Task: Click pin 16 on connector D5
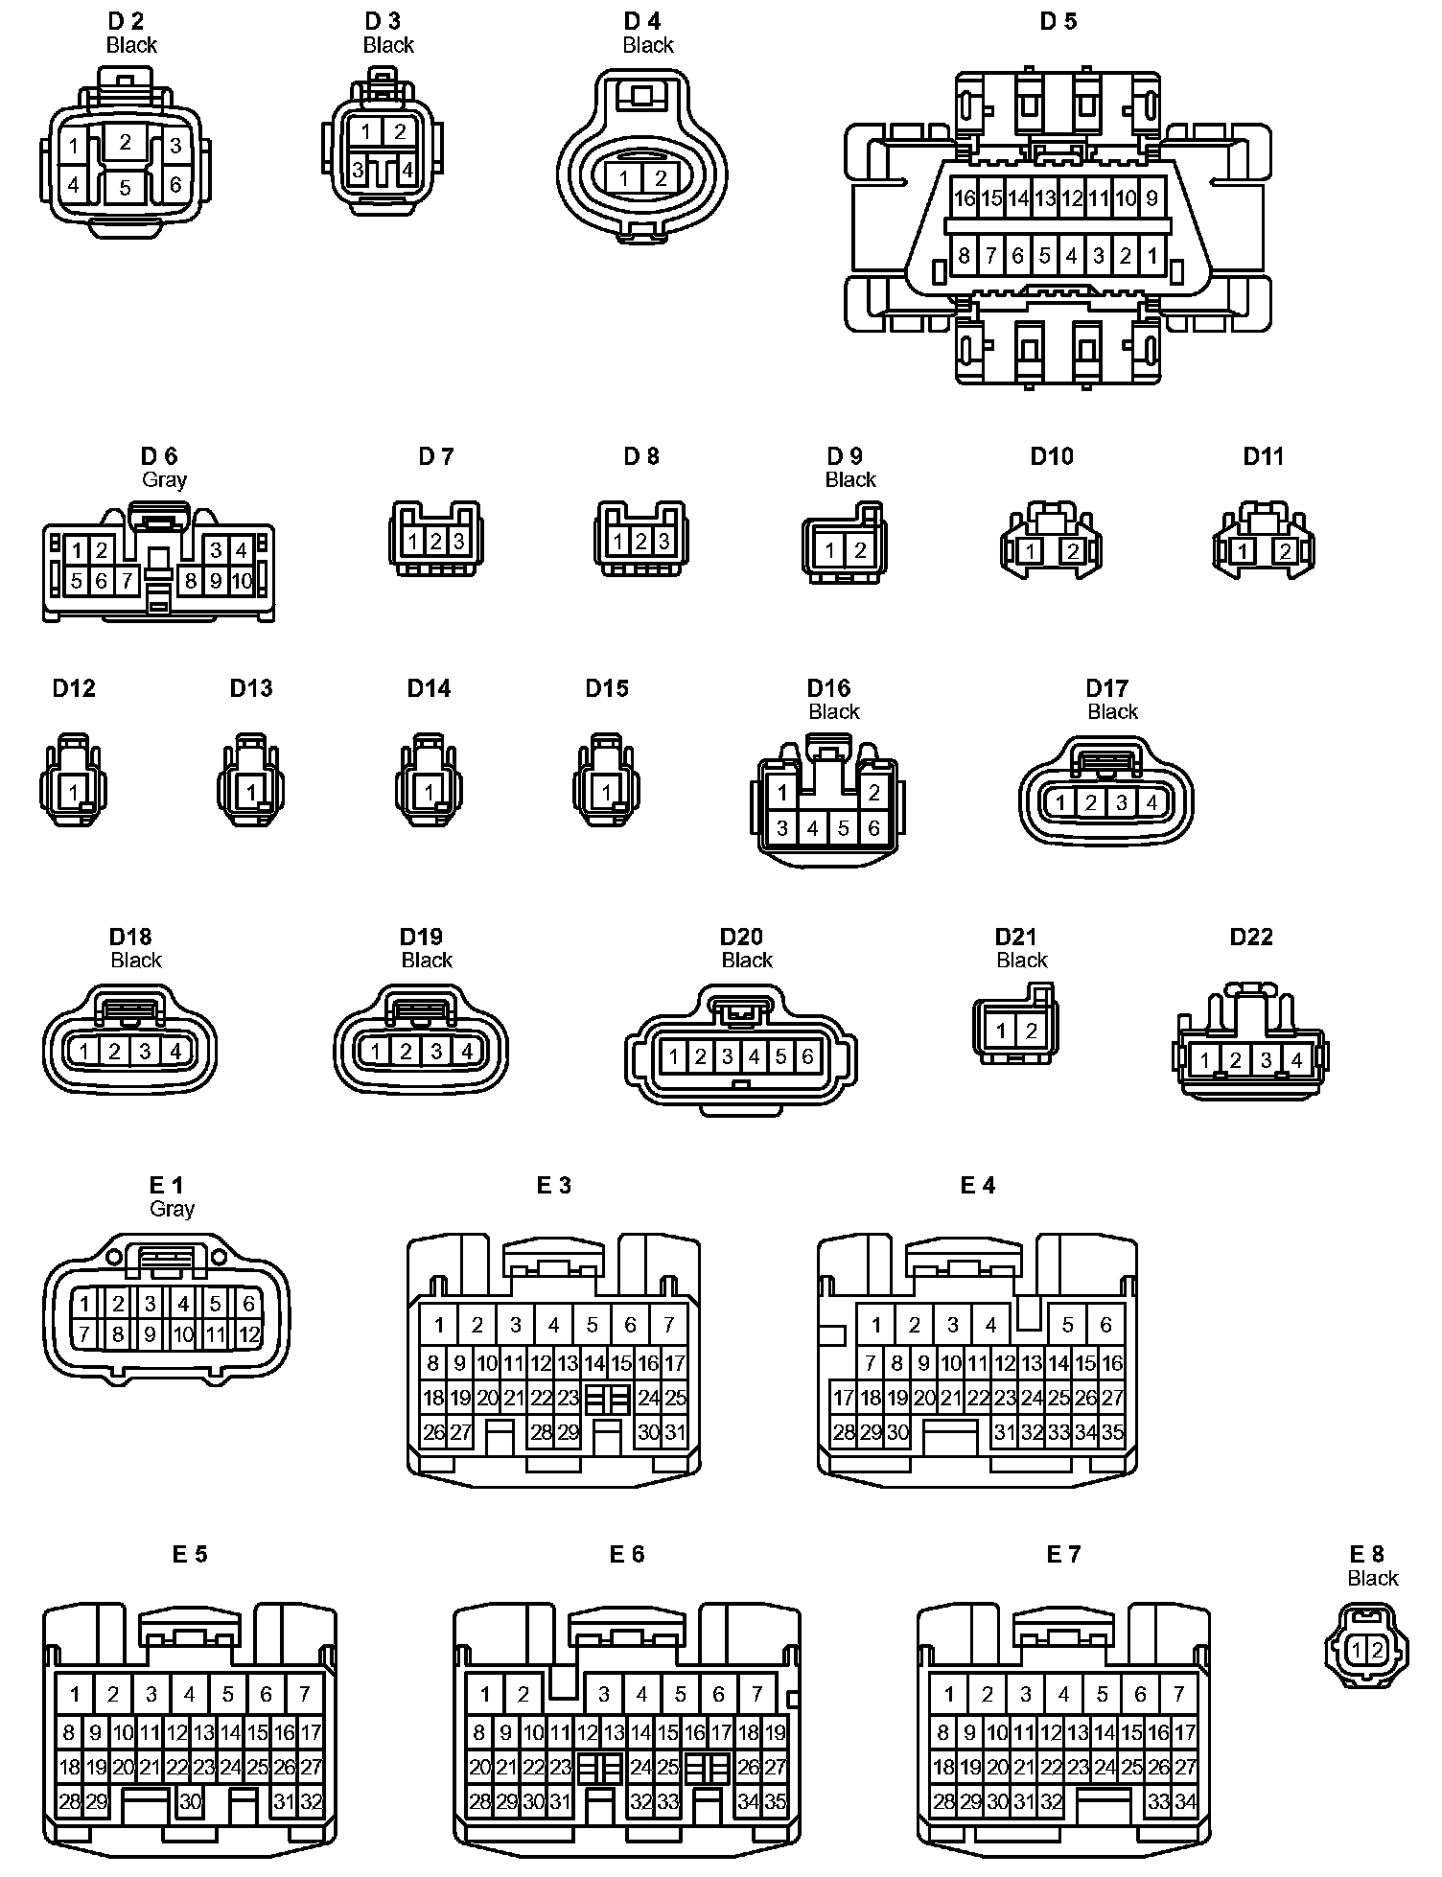pyautogui.click(x=964, y=198)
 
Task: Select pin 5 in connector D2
pyautogui.click(x=125, y=188)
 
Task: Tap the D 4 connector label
pyautogui.click(x=642, y=21)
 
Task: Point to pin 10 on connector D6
pyautogui.click(x=241, y=581)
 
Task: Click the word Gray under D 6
pyautogui.click(x=164, y=479)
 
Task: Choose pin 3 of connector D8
pyautogui.click(x=663, y=542)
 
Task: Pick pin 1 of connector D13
pyautogui.click(x=251, y=793)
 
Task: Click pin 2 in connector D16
pyautogui.click(x=873, y=793)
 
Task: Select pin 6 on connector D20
pyautogui.click(x=807, y=1056)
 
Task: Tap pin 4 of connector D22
pyautogui.click(x=1296, y=1060)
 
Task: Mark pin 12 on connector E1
pyautogui.click(x=248, y=1333)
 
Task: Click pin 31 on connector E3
pyautogui.click(x=676, y=1432)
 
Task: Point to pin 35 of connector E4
pyautogui.click(x=1112, y=1432)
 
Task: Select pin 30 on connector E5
pyautogui.click(x=190, y=1801)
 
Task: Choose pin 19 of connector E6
pyautogui.click(x=776, y=1732)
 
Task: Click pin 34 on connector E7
pyautogui.click(x=1186, y=1801)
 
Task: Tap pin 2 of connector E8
pyautogui.click(x=1377, y=1650)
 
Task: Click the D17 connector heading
pyautogui.click(x=1106, y=687)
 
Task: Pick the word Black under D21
pyautogui.click(x=1022, y=960)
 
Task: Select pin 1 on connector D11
pyautogui.click(x=1243, y=551)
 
